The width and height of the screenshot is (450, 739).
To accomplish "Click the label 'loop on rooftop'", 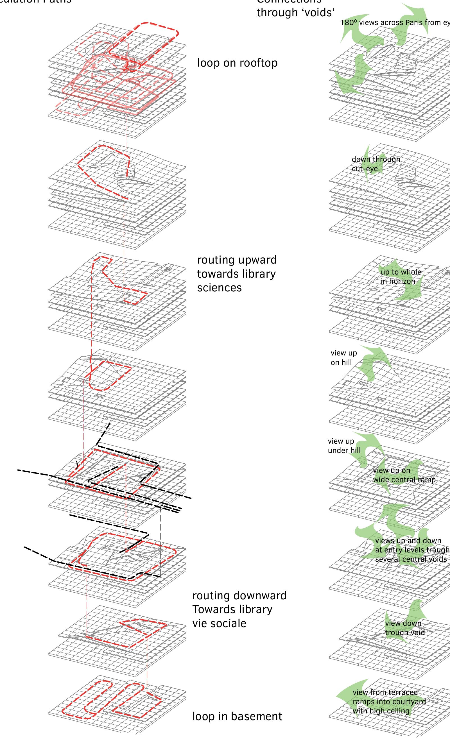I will pos(237,63).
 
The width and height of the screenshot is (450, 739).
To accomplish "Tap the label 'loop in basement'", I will pos(237,716).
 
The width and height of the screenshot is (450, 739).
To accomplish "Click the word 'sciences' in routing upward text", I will pos(219,288).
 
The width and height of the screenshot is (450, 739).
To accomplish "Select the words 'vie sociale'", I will pos(219,623).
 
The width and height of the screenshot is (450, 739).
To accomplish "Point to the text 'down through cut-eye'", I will pos(376,164).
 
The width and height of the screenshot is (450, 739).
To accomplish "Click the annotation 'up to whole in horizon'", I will pos(401,276).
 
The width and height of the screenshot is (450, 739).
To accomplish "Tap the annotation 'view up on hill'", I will pos(343,357).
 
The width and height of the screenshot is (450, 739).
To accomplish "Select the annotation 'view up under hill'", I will pos(344,446).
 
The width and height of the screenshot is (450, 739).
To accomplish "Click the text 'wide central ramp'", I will pos(404,480).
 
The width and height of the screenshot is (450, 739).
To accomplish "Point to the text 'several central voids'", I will pos(411,559).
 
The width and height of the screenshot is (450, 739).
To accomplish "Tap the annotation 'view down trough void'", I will pos(404,628).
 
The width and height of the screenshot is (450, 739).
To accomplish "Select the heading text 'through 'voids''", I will pos(295,13).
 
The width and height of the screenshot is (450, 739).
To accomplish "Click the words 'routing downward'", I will pos(239,595).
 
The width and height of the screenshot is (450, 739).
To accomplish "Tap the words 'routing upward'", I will pos(237,260).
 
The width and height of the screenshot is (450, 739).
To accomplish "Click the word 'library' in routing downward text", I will pos(256,609).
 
